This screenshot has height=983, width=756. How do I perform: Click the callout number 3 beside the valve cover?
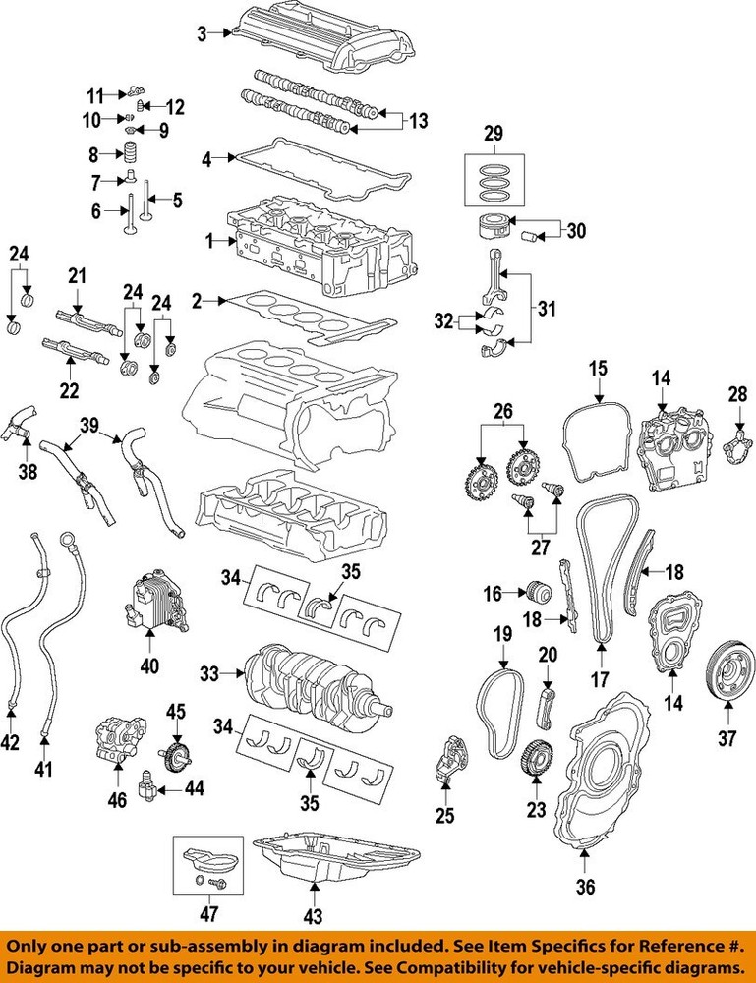click(202, 34)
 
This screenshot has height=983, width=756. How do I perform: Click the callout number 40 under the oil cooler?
click(150, 666)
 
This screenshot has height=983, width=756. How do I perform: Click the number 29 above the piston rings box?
click(494, 132)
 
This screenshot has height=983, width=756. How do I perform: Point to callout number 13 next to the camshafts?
click(419, 121)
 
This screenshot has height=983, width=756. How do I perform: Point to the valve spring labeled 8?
click(126, 154)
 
